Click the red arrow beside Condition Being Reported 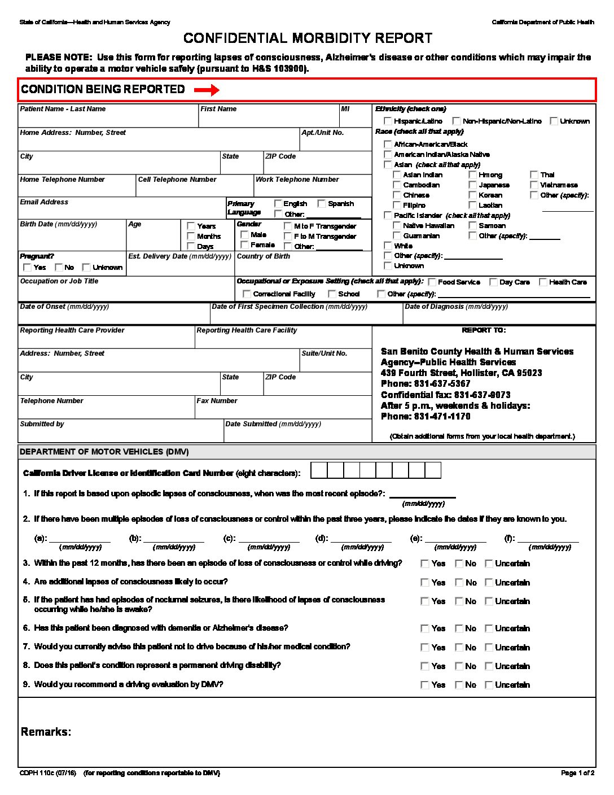[x=206, y=90]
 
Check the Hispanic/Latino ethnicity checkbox [x=388, y=121]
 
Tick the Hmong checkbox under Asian [x=472, y=175]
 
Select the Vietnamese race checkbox [x=534, y=185]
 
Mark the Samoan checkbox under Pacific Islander [x=472, y=225]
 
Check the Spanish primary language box [x=322, y=203]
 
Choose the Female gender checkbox [x=244, y=244]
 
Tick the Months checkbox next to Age [x=191, y=236]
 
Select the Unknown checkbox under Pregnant [x=86, y=267]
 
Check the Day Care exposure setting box [x=493, y=282]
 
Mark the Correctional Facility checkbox [x=247, y=294]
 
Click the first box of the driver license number [x=319, y=470]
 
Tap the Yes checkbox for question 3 [x=425, y=564]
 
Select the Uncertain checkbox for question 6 [x=489, y=628]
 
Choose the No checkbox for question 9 [x=459, y=685]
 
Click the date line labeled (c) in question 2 [x=269, y=538]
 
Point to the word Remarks [x=46, y=732]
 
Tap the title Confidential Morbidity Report [x=308, y=38]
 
